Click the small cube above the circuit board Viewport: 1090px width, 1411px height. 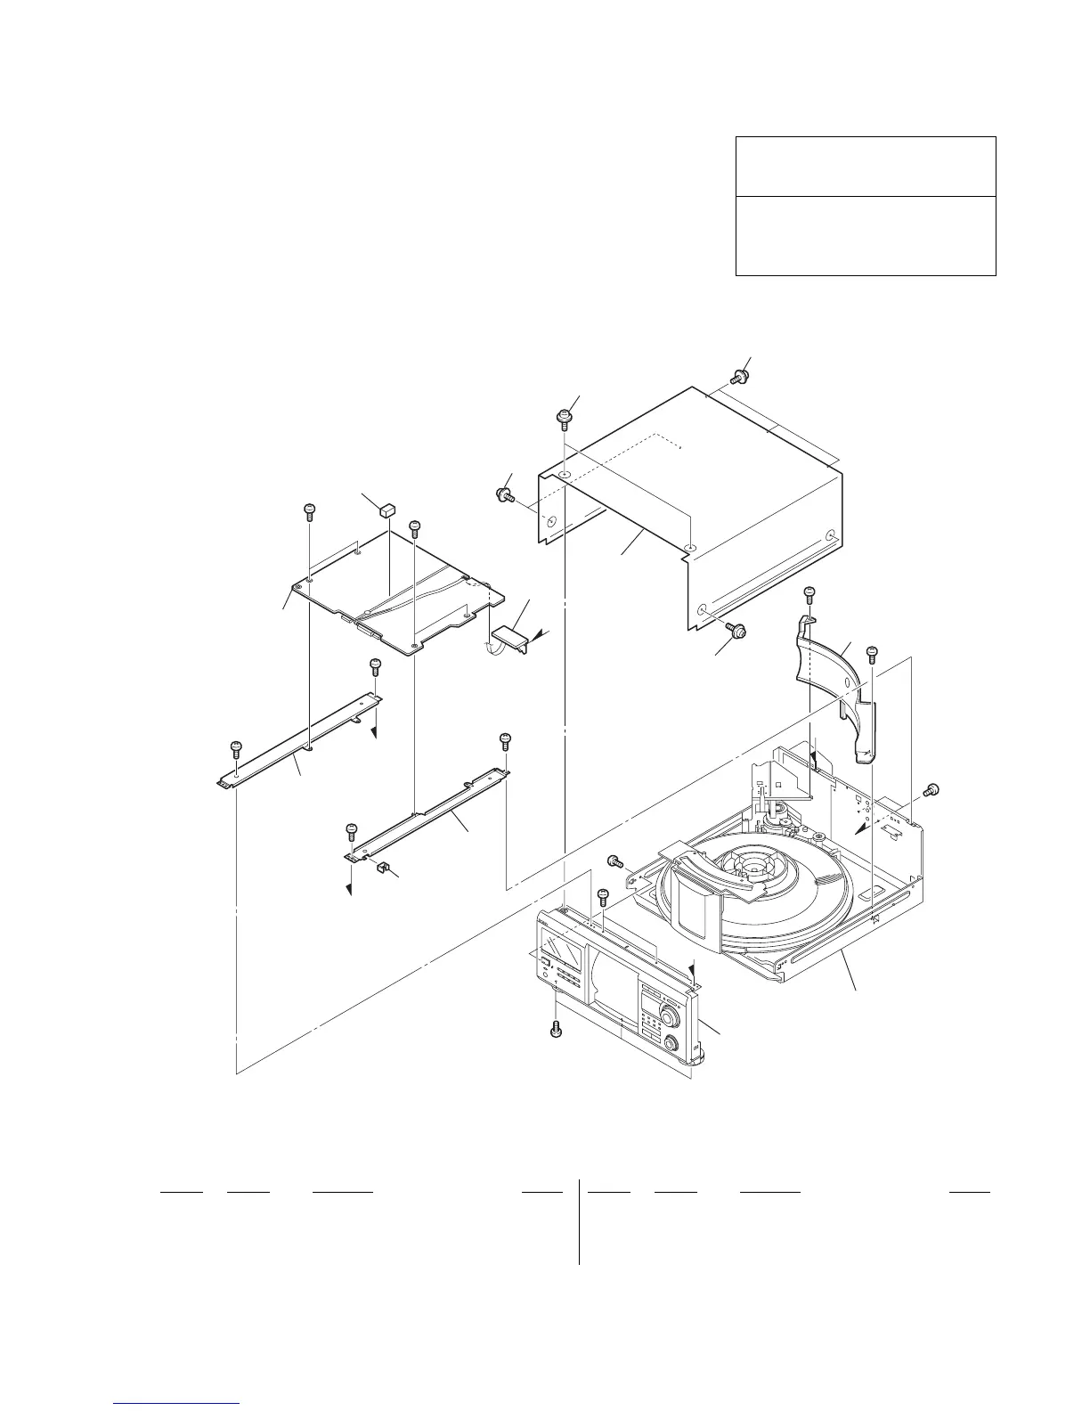[386, 509]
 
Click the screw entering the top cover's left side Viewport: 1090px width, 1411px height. [504, 493]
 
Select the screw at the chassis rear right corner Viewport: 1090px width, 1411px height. [932, 790]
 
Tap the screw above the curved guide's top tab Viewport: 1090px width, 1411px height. [809, 593]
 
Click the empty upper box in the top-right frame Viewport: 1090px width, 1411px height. [865, 167]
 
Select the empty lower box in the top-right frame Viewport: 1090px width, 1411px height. [865, 235]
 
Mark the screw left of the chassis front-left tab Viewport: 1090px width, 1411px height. [614, 860]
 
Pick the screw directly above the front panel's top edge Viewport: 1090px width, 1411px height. [602, 895]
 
